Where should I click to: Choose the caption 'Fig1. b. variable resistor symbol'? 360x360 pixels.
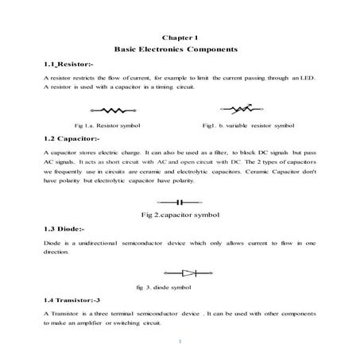248,126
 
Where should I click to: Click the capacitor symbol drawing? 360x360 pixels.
179,202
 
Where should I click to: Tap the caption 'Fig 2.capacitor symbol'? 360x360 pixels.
180,215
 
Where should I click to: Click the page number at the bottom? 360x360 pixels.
180,343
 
